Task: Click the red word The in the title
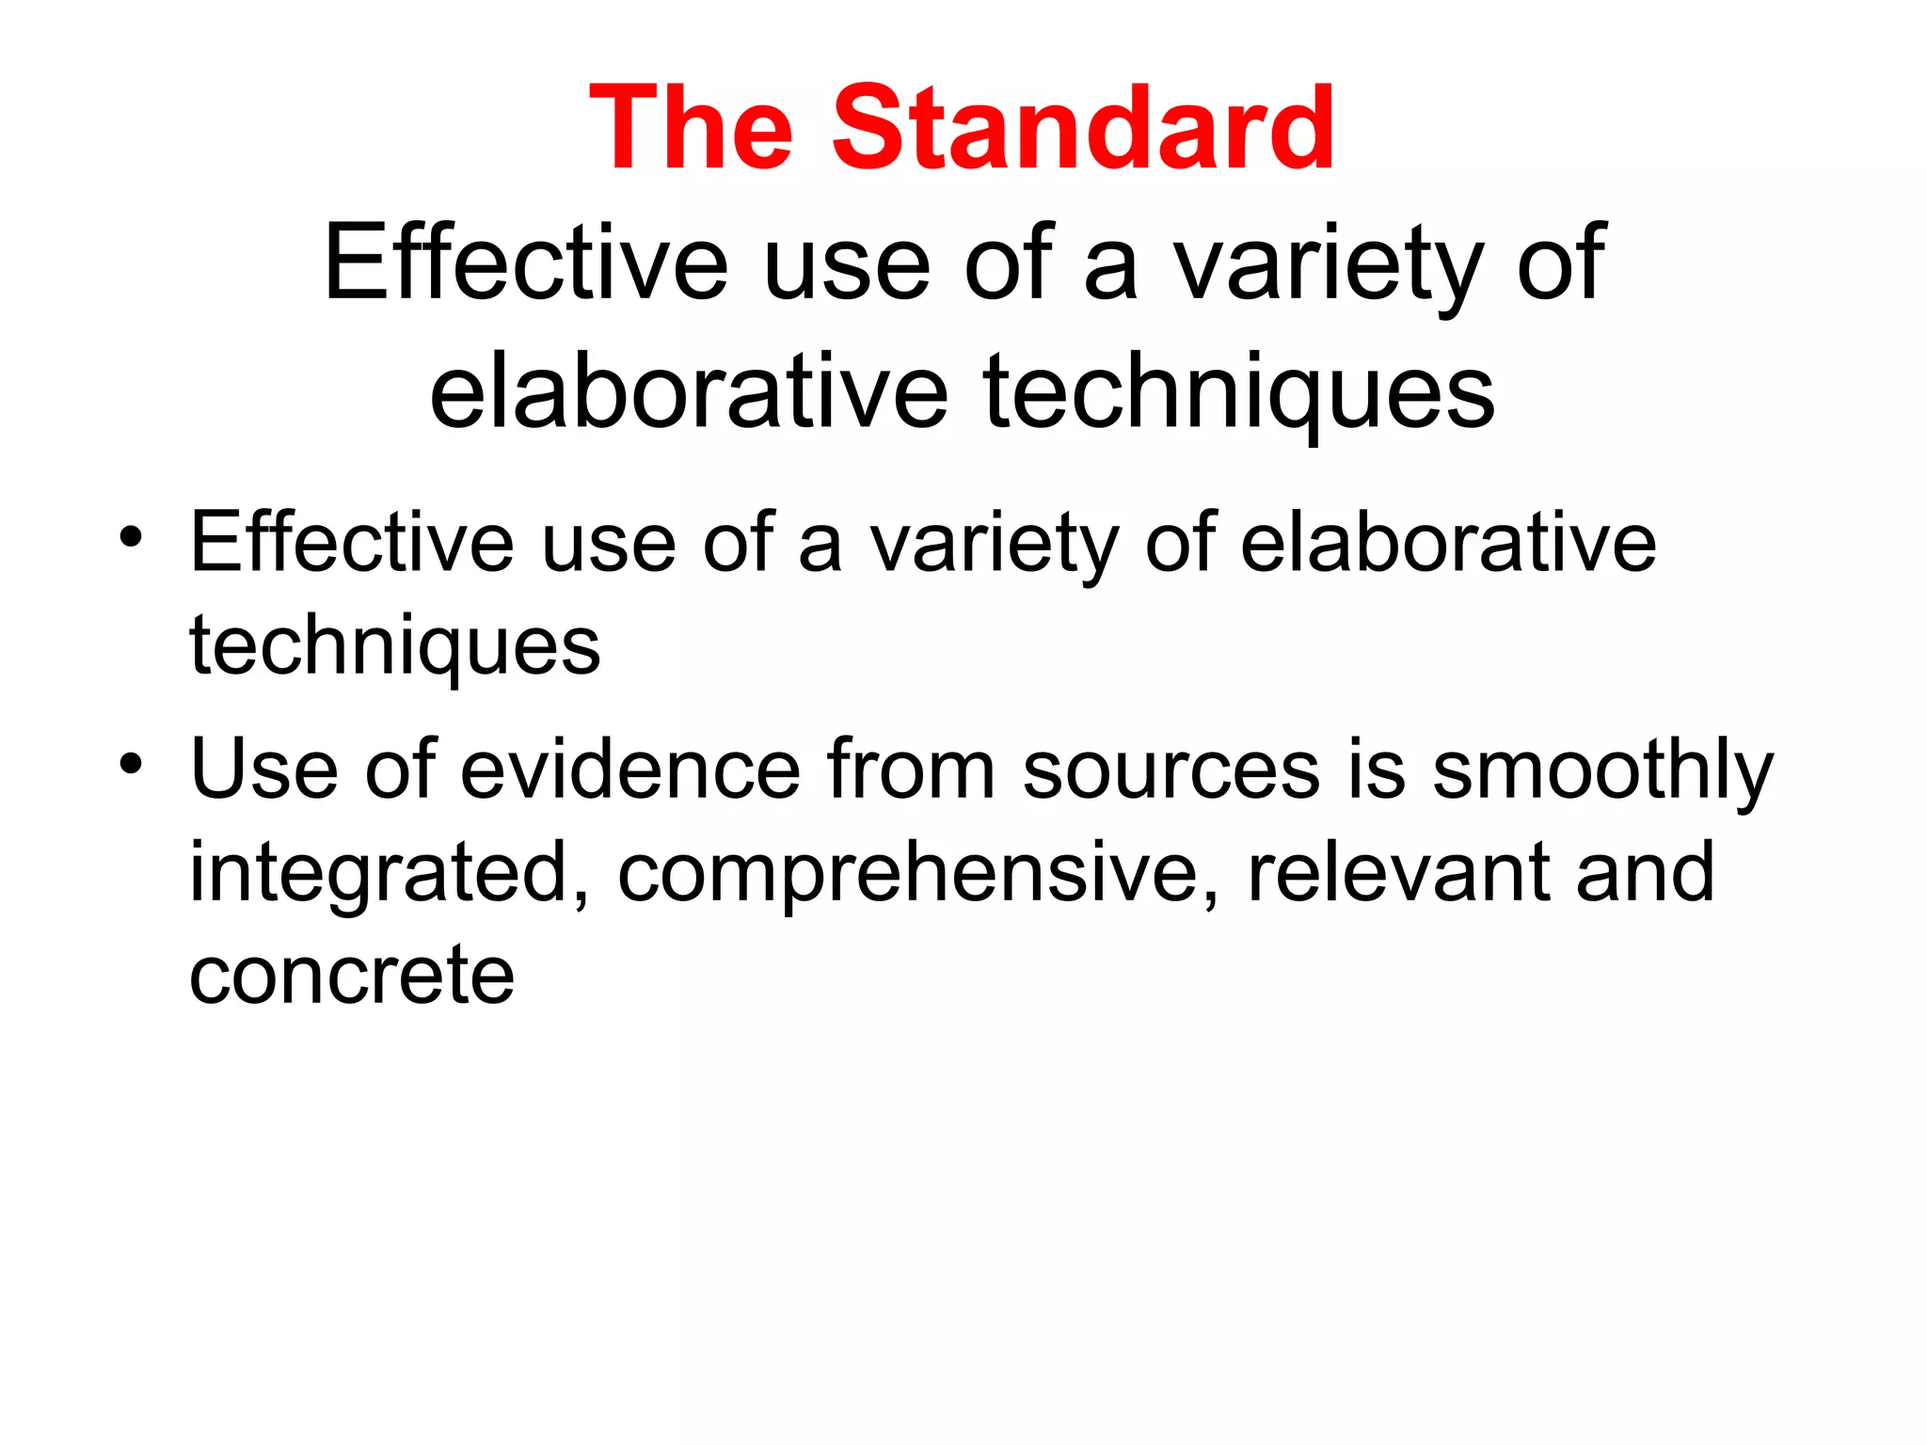[692, 129]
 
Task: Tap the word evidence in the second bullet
[630, 770]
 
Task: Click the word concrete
[352, 976]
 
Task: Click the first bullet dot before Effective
[131, 537]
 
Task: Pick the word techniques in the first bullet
[394, 647]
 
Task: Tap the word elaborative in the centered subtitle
[689, 391]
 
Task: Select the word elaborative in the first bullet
[1448, 543]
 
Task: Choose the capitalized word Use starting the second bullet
[263, 770]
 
